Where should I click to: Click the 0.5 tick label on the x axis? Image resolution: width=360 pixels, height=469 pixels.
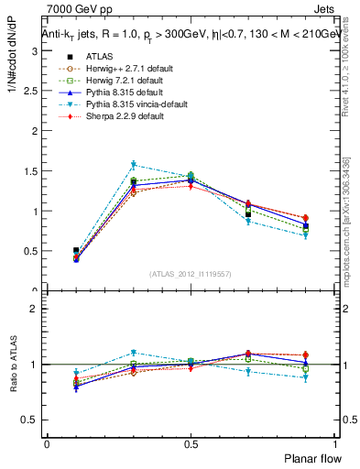pyautogui.click(x=191, y=443)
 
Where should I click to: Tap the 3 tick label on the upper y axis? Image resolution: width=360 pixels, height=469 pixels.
pyautogui.click(x=36, y=50)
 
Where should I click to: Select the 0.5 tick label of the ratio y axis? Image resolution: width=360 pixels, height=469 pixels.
pyautogui.click(x=32, y=420)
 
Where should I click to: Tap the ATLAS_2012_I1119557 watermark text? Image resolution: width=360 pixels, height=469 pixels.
pyautogui.click(x=191, y=274)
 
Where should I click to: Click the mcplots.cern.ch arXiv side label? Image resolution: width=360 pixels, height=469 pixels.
pyautogui.click(x=353, y=220)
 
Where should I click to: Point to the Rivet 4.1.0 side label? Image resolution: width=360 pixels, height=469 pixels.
pyautogui.click(x=353, y=69)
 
